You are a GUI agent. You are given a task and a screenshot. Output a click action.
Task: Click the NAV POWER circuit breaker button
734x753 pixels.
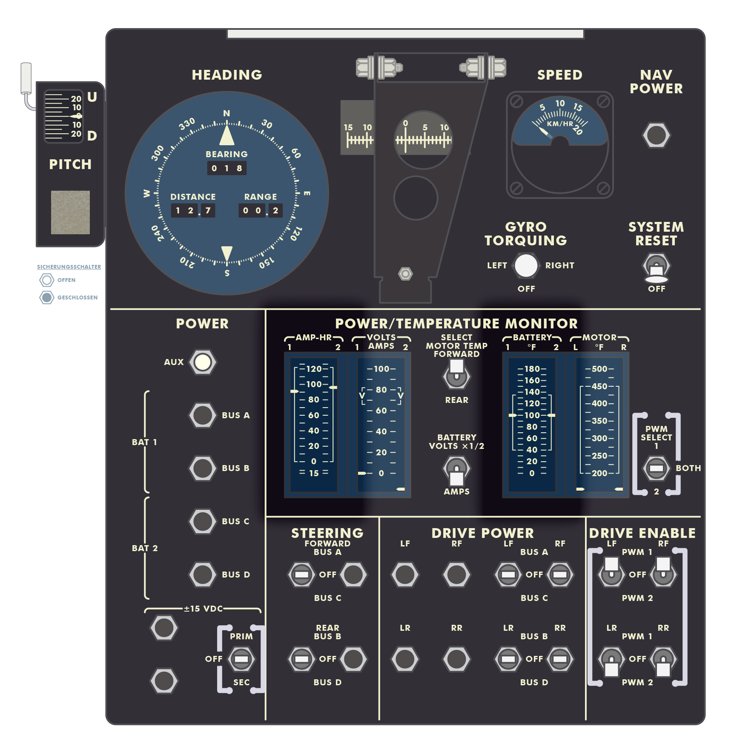pyautogui.click(x=656, y=135)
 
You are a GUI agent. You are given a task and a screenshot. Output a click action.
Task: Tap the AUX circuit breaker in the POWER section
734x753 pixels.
pyautogui.click(x=203, y=362)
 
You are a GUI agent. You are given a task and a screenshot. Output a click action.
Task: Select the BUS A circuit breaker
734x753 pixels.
pyautogui.click(x=203, y=415)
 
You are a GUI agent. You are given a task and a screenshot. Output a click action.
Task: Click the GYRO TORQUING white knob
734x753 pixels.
pyautogui.click(x=526, y=265)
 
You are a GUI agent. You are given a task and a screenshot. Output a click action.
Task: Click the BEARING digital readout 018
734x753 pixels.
pyautogui.click(x=227, y=168)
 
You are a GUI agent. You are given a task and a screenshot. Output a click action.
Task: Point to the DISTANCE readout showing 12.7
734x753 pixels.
pyautogui.click(x=193, y=210)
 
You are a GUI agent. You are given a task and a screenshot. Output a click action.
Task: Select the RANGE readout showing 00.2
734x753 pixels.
pyautogui.click(x=260, y=210)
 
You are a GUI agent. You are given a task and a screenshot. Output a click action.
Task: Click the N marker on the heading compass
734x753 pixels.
pyautogui.click(x=227, y=113)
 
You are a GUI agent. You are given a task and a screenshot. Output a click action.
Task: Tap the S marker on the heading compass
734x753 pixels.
pyautogui.click(x=227, y=273)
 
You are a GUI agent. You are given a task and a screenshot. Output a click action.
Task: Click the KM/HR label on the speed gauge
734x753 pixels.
pyautogui.click(x=559, y=124)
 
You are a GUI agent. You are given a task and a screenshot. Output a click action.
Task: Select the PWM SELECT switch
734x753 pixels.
pyautogui.click(x=656, y=468)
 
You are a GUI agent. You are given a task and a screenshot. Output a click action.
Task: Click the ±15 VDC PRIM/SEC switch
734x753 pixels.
pyautogui.click(x=241, y=659)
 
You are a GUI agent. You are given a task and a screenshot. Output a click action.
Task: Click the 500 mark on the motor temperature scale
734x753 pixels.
pyautogui.click(x=599, y=369)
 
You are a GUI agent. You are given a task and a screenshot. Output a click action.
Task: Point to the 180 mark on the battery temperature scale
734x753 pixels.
pyautogui.click(x=532, y=369)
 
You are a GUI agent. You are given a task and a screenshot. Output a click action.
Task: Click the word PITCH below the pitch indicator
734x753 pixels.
pyautogui.click(x=70, y=164)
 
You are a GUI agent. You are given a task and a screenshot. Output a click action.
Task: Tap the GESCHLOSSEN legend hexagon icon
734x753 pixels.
pyautogui.click(x=47, y=297)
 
